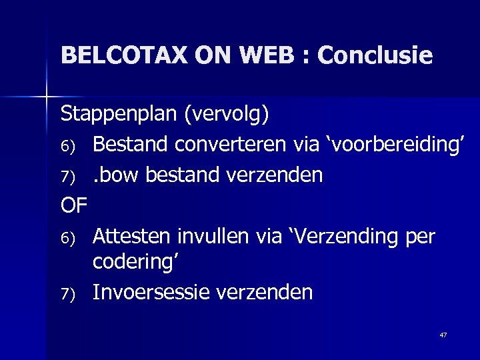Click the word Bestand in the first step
click(x=131, y=145)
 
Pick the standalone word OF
click(x=74, y=205)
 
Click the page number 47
click(x=443, y=335)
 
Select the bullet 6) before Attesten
click(x=69, y=237)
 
